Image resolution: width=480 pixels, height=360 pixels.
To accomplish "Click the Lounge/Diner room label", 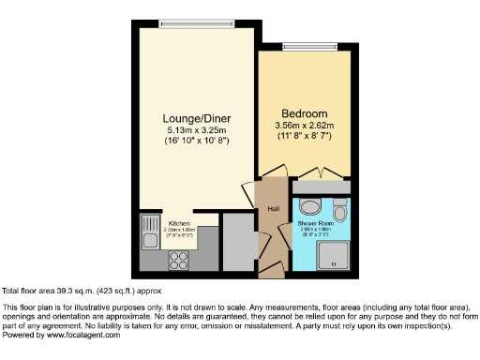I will (x=197, y=118).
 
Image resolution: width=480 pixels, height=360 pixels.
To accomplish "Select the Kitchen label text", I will (x=178, y=223).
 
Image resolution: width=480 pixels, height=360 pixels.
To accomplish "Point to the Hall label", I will (x=274, y=208).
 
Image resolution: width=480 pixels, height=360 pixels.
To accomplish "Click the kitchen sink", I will (x=149, y=229).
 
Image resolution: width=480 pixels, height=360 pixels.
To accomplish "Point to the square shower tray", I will (x=334, y=254).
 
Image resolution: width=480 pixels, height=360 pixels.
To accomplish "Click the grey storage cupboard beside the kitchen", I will (x=239, y=241).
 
